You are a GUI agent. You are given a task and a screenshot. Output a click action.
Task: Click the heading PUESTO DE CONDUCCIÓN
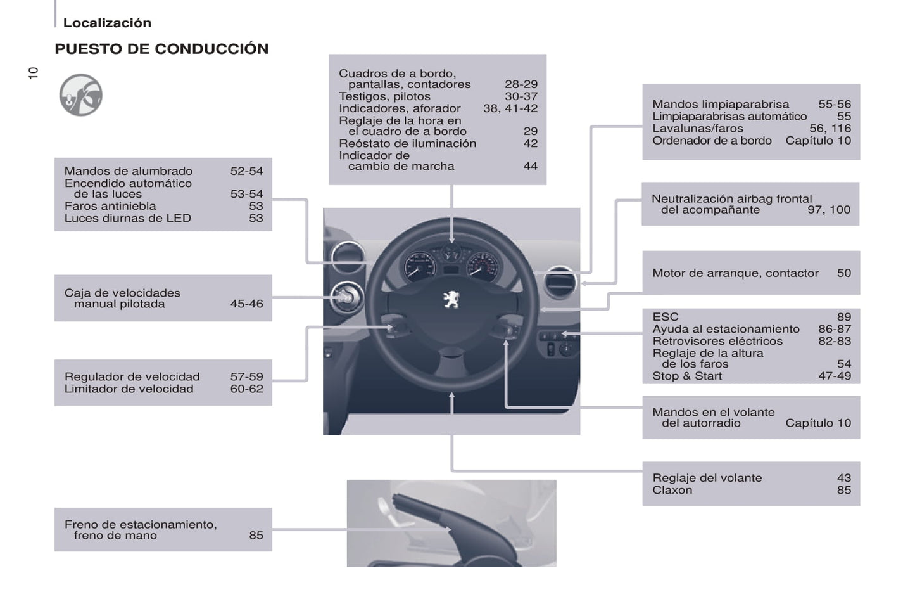click(x=161, y=49)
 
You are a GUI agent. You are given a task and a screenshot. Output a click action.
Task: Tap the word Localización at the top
click(x=107, y=23)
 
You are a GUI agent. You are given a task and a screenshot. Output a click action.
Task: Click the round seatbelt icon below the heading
click(x=81, y=95)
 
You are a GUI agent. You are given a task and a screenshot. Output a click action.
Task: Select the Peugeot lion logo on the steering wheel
click(x=451, y=299)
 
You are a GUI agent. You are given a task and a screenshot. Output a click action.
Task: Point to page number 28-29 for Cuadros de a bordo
click(x=521, y=84)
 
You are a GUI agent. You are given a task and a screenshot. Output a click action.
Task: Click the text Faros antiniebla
click(x=110, y=206)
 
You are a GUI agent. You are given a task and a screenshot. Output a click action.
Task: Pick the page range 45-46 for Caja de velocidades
click(x=246, y=304)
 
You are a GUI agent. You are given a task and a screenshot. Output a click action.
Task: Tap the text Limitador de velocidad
click(x=129, y=389)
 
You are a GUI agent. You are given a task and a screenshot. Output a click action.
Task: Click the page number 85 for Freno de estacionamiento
click(x=256, y=535)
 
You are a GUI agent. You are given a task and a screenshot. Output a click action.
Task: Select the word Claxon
click(x=672, y=490)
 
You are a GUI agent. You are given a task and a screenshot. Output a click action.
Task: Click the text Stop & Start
click(x=687, y=376)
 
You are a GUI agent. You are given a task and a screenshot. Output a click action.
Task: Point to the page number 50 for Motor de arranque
click(x=843, y=273)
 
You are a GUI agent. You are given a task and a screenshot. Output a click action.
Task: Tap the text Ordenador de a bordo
click(x=712, y=141)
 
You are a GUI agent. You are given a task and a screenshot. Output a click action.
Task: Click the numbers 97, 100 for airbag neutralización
click(x=828, y=210)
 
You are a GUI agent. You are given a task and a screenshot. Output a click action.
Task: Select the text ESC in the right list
click(x=665, y=317)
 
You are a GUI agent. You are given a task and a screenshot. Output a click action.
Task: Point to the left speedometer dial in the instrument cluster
click(x=419, y=266)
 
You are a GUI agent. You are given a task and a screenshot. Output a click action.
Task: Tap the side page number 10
click(x=34, y=73)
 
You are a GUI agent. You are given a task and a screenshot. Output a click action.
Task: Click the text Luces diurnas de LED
click(x=127, y=218)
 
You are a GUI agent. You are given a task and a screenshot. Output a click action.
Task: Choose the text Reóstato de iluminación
click(x=407, y=144)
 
